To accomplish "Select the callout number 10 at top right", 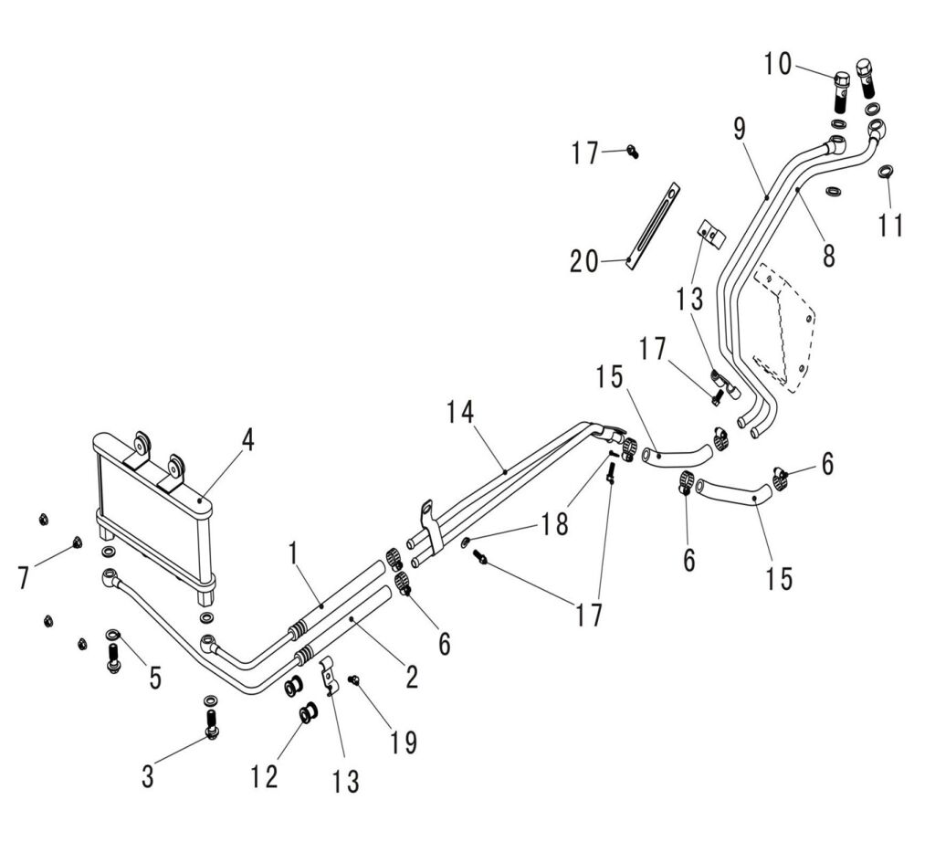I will click(x=778, y=64).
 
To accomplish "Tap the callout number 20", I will click(x=584, y=262).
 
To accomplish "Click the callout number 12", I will click(x=264, y=776).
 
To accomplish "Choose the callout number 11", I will click(x=891, y=224).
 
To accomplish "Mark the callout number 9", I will click(x=740, y=129).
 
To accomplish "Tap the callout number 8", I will click(x=828, y=255).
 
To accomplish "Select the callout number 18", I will click(x=553, y=523).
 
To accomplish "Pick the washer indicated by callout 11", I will click(x=886, y=172).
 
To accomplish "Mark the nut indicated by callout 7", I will click(x=76, y=546).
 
